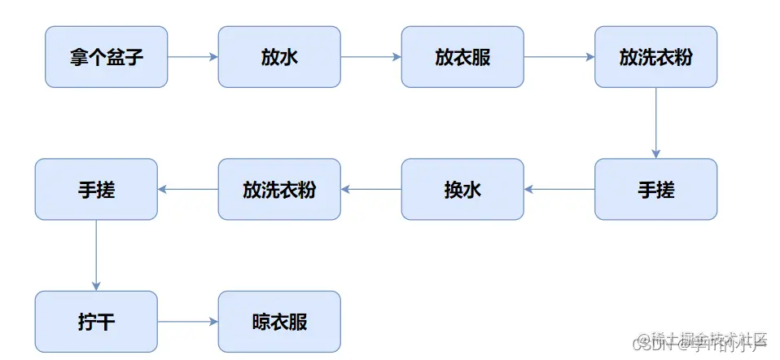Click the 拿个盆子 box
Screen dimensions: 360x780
pos(106,57)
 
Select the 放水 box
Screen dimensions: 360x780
pos(279,57)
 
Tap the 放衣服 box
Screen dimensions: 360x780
pos(462,57)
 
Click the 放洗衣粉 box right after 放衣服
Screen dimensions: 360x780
pos(655,57)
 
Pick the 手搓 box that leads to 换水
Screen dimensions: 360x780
pos(655,190)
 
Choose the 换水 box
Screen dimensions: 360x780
pos(462,190)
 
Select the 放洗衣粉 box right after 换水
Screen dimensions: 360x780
pos(279,190)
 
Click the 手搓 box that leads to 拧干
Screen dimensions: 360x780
pos(96,190)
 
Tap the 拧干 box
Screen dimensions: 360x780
pos(96,322)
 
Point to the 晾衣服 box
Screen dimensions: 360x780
pos(279,322)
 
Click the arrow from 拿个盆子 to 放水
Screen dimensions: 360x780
pos(193,57)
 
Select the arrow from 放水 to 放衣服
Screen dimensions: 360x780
pos(371,57)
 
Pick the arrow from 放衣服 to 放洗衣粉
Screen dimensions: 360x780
pos(559,57)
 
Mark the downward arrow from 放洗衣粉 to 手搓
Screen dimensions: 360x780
pos(655,123)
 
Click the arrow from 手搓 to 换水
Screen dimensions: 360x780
pos(559,190)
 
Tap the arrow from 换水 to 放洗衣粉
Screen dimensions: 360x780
pos(371,190)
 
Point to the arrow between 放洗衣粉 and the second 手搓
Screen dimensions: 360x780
pos(188,190)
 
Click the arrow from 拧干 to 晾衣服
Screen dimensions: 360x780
pos(188,322)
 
